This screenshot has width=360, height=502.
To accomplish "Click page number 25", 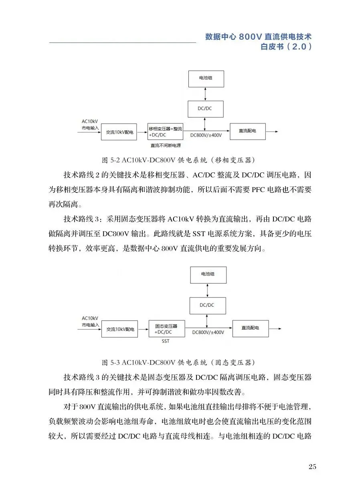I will [x=312, y=466].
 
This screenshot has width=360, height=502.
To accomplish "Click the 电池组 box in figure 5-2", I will [x=206, y=79].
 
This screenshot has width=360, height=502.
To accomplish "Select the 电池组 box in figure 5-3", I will [x=208, y=275].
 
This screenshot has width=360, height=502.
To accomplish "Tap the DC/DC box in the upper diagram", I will [x=206, y=109].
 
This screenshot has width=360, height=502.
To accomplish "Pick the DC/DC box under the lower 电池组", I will [x=207, y=306].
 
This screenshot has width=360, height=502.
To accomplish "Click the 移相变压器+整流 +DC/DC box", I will [x=165, y=131].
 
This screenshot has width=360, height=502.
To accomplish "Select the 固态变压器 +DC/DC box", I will [x=167, y=328].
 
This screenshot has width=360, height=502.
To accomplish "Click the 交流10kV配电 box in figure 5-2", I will [x=119, y=132].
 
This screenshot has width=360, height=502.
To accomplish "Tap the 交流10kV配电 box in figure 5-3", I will [x=120, y=329].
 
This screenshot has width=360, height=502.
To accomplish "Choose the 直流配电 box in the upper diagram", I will [x=247, y=131].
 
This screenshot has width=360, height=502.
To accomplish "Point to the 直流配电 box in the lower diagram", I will [x=251, y=328].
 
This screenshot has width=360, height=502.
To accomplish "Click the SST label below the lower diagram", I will [x=166, y=341].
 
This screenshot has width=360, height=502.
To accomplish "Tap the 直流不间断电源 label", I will [x=166, y=145].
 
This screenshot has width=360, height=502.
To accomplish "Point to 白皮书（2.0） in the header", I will [x=286, y=47].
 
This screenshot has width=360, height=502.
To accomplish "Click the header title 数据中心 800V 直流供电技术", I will [x=259, y=36].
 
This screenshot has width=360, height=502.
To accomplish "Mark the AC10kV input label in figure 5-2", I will [x=89, y=124].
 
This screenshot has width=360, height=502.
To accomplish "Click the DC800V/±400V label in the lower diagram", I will [x=208, y=332].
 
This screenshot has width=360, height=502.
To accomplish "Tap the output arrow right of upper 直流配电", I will [x=271, y=131].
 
